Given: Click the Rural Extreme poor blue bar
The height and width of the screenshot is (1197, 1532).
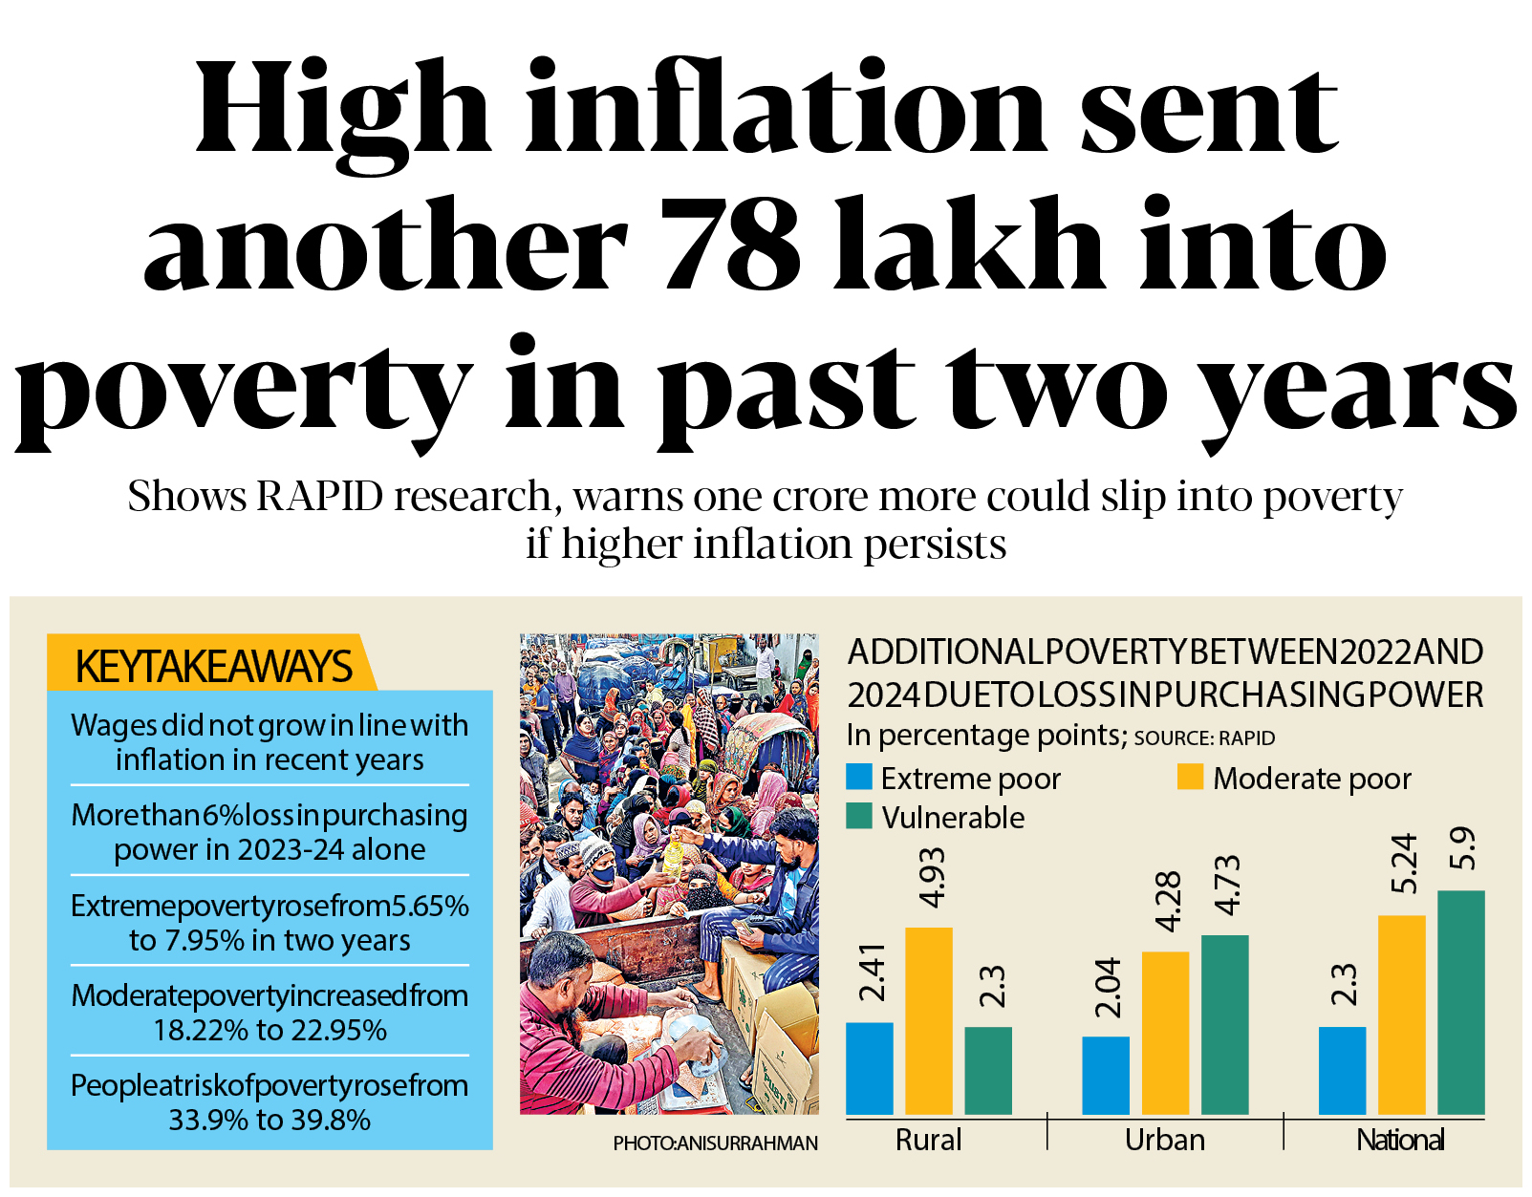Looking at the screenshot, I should [869, 1068].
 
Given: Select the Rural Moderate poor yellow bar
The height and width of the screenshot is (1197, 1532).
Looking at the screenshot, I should [928, 1020].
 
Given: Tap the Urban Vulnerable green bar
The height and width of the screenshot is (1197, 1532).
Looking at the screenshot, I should [1224, 1024].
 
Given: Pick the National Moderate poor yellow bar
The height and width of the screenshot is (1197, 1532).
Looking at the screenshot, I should [1401, 1015].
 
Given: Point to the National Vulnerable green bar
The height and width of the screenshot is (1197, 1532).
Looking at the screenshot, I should [1460, 1002].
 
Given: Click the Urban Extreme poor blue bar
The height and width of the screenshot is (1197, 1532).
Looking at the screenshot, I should [1106, 1075].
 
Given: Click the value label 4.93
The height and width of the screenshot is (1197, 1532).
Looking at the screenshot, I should [931, 878].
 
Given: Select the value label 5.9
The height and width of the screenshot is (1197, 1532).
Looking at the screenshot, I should [1462, 848].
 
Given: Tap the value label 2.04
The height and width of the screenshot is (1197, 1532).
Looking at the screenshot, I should [1107, 988].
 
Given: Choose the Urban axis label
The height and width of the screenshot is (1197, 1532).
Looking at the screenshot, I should [1164, 1140].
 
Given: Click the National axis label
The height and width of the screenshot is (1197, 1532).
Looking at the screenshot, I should [1400, 1140].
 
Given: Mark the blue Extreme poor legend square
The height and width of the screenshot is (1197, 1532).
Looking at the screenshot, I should [859, 777].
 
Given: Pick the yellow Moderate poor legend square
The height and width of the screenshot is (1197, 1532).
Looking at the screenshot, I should [1190, 777].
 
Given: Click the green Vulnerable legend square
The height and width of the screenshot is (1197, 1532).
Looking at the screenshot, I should [859, 816].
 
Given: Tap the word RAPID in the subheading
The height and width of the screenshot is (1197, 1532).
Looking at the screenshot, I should [320, 497].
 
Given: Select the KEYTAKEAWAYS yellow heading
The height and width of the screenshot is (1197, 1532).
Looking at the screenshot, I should [213, 666].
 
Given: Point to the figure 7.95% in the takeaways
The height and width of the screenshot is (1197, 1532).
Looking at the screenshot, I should [205, 941].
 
